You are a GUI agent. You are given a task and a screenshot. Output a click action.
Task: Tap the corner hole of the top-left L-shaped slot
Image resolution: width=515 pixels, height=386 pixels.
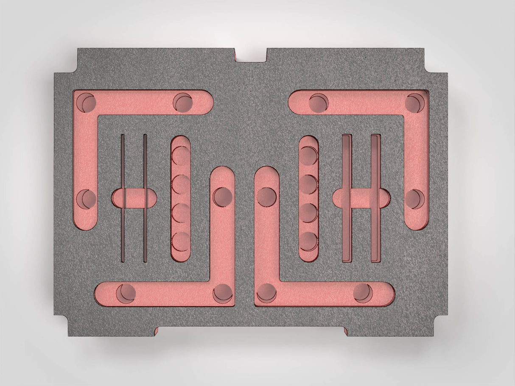(87, 102)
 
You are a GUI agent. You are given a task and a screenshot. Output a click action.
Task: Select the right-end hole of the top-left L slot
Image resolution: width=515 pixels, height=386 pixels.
(183, 103)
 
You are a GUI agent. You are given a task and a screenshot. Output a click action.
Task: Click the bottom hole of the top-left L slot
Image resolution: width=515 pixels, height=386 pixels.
(87, 199)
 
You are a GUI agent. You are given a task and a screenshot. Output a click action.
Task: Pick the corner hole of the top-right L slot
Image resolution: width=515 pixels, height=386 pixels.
(414, 103)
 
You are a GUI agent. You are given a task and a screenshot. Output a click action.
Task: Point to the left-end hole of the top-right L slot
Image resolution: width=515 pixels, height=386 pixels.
(319, 103)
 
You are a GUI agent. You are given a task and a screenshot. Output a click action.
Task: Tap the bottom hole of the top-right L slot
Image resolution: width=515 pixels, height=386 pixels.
(414, 199)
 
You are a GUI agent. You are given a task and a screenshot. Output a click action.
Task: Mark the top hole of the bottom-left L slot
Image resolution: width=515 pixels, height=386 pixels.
(223, 197)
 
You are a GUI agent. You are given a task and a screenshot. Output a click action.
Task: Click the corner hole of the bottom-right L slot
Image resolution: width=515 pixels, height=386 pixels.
(266, 293)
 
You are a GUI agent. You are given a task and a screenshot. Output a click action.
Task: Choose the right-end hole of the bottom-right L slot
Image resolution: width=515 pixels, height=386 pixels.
(363, 293)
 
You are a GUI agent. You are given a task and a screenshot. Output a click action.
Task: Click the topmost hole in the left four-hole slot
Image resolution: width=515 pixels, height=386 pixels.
(181, 155)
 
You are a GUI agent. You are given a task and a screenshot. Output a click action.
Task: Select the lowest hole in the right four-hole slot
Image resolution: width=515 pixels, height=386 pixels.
(308, 241)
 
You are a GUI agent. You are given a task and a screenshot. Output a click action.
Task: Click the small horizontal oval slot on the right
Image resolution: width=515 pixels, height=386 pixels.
(361, 198)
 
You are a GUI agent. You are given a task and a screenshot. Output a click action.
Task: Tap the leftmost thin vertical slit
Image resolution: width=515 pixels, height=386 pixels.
(123, 198)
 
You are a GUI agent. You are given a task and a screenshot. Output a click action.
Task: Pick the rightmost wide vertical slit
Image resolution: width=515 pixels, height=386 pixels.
(375, 198)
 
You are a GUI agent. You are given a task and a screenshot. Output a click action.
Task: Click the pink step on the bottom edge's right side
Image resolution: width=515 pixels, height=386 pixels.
(346, 331)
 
